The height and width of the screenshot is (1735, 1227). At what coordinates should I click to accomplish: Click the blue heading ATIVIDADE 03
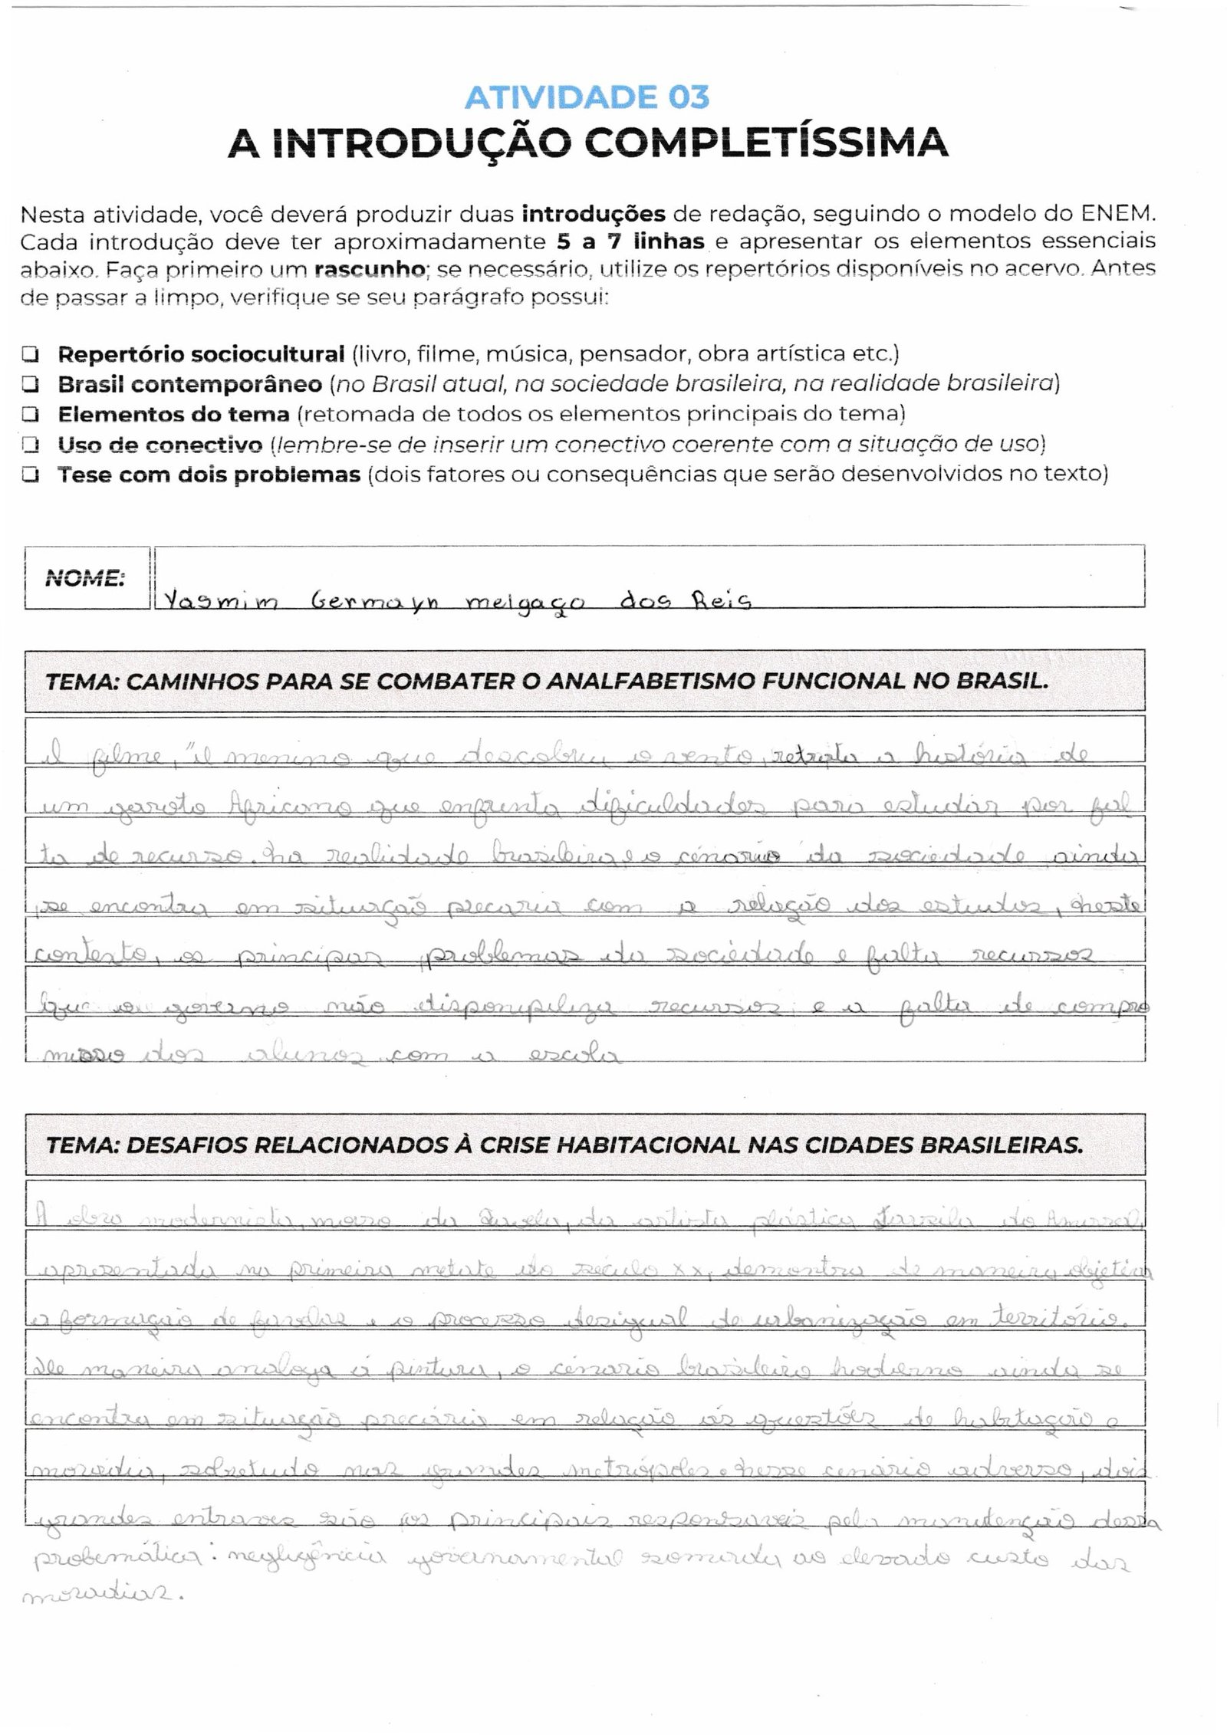(x=587, y=97)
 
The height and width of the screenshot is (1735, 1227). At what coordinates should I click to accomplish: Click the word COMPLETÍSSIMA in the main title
(x=771, y=143)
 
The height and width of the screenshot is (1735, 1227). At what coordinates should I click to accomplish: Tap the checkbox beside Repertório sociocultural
(x=31, y=354)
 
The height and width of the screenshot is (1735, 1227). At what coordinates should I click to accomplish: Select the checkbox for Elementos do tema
(x=31, y=414)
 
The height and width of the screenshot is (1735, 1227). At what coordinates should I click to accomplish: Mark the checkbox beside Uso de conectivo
(x=31, y=445)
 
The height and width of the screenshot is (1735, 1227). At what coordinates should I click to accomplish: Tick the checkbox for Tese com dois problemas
(x=31, y=475)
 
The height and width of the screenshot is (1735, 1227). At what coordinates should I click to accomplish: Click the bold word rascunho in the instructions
(x=369, y=270)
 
